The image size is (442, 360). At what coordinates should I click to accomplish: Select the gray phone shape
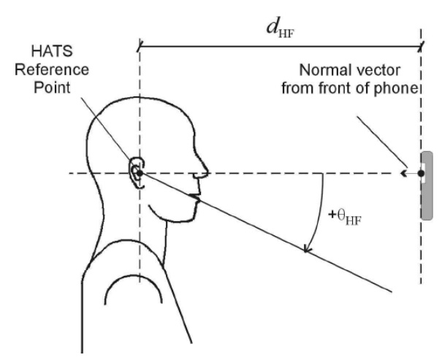point(427,185)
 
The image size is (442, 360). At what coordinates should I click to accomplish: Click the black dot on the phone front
point(421,174)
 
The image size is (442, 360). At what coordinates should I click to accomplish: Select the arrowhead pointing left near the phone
point(403,174)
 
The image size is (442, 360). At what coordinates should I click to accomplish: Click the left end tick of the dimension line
point(139,48)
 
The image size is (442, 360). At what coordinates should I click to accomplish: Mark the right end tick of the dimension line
point(422,48)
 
